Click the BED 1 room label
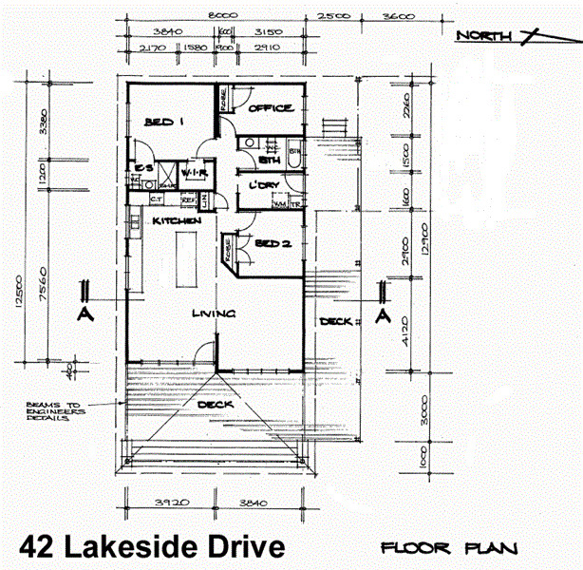coord(162,123)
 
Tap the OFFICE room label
coord(271,109)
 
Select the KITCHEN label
coord(178,220)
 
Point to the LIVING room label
coord(214,313)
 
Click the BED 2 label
coord(273,244)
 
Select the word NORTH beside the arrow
coord(483,36)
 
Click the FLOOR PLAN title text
coord(448,548)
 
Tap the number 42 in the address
coord(37,547)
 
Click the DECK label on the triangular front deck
coord(216,405)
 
